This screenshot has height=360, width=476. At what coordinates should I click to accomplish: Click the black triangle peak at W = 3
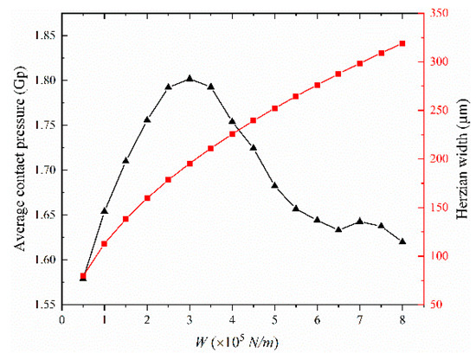coord(190,79)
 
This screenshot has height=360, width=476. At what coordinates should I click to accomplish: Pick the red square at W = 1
coord(105,244)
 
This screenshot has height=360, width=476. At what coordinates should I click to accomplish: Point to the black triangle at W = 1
coord(105,210)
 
